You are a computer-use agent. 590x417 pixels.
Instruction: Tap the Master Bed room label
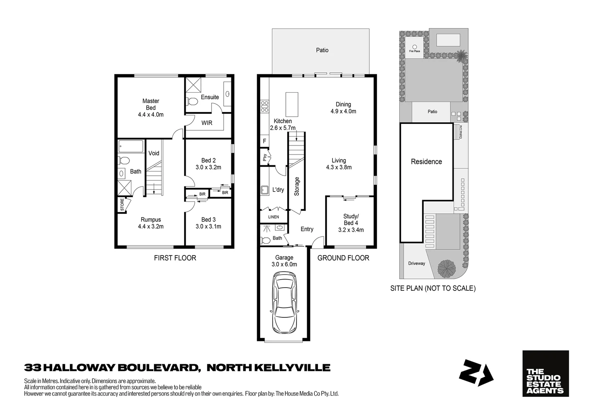pos(151,104)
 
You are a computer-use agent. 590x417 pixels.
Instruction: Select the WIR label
pos(207,123)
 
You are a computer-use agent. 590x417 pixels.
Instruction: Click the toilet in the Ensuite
pos(192,102)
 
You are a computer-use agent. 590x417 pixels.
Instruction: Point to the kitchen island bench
pos(292,104)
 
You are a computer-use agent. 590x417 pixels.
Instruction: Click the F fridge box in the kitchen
pos(264,141)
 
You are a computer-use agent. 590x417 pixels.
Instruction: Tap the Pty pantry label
pos(265,158)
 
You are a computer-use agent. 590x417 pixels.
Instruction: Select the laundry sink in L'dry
pos(265,190)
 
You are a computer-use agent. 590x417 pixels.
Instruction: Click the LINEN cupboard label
pos(273,217)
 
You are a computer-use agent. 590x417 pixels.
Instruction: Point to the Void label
pos(154,153)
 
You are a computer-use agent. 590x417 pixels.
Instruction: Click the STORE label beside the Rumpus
pos(122,204)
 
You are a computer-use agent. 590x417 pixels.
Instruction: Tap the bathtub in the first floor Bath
pos(131,146)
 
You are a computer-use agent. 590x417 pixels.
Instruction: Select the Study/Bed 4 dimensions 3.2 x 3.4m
pos(351,230)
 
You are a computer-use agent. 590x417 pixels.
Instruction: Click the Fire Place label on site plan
pos(414,51)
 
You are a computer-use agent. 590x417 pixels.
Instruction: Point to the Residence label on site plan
pos(426,162)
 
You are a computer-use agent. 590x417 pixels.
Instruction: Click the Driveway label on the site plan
pos(416,263)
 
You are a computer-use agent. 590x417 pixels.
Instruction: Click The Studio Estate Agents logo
pos(545,373)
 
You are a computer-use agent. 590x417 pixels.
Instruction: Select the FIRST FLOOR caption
pos(175,258)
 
